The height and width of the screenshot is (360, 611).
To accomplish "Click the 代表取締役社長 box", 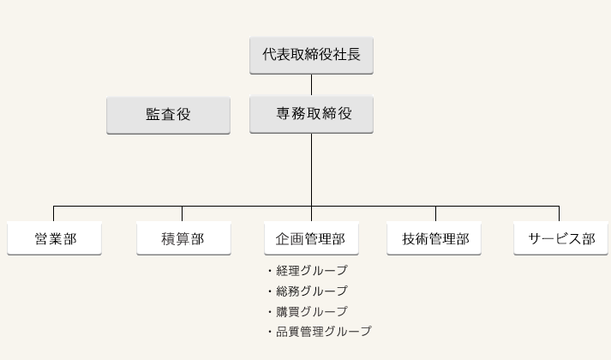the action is [x=311, y=56].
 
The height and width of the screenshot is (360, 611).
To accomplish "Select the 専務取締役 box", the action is [x=311, y=115].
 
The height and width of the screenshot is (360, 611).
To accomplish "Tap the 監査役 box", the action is [x=168, y=116].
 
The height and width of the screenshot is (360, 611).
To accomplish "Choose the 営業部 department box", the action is [x=54, y=238].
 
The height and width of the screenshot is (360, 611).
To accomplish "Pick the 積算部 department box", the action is [x=183, y=238].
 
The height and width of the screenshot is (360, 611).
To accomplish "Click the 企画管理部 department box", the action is [x=311, y=238].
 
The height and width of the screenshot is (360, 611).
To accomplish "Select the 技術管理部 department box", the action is [x=434, y=238].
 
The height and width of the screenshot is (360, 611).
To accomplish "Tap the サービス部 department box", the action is [x=560, y=238].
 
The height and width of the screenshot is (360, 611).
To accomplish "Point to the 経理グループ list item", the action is [x=308, y=270].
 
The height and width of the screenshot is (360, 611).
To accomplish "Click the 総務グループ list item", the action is [x=308, y=291].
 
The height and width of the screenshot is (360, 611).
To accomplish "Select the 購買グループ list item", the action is [x=308, y=311].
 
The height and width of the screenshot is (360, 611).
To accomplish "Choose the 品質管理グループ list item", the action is [x=320, y=332].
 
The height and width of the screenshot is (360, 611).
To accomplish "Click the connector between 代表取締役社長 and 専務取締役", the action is [x=311, y=85].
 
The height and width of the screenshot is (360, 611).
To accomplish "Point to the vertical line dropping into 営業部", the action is [x=53, y=214].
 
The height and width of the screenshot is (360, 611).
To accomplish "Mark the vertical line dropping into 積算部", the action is [x=182, y=214].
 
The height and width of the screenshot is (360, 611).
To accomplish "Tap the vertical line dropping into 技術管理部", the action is [x=435, y=214].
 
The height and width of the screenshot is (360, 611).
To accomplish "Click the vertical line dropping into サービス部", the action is [x=560, y=214].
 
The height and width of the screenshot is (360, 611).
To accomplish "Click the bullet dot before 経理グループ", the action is [x=270, y=271].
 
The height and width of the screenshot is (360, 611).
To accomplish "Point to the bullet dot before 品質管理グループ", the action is [x=270, y=332].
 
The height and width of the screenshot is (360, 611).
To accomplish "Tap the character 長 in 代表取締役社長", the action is [x=353, y=55].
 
